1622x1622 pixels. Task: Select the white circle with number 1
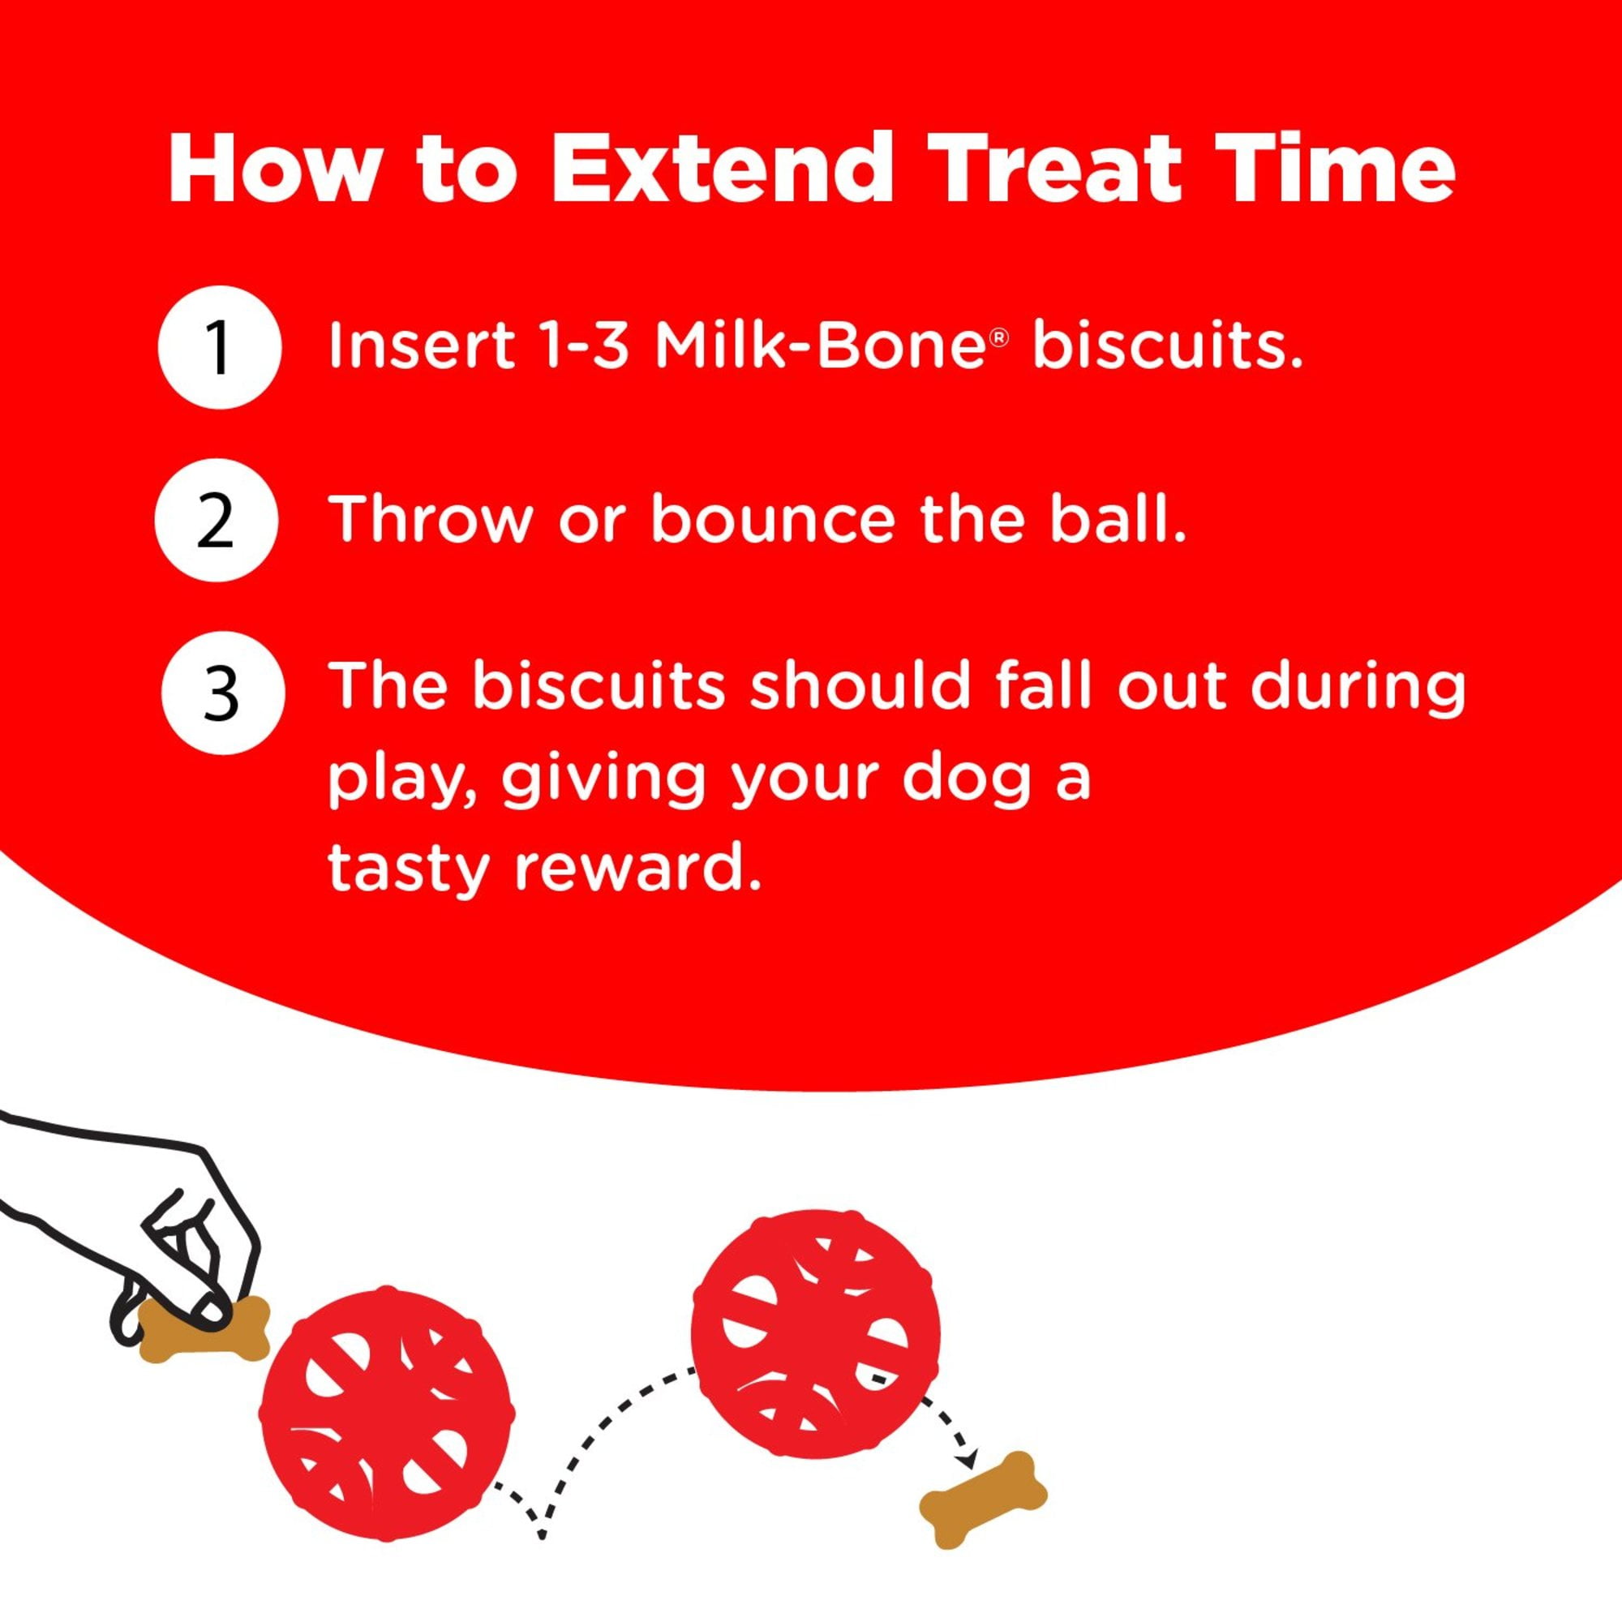click(x=218, y=348)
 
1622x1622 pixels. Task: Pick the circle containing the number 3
click(x=222, y=693)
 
